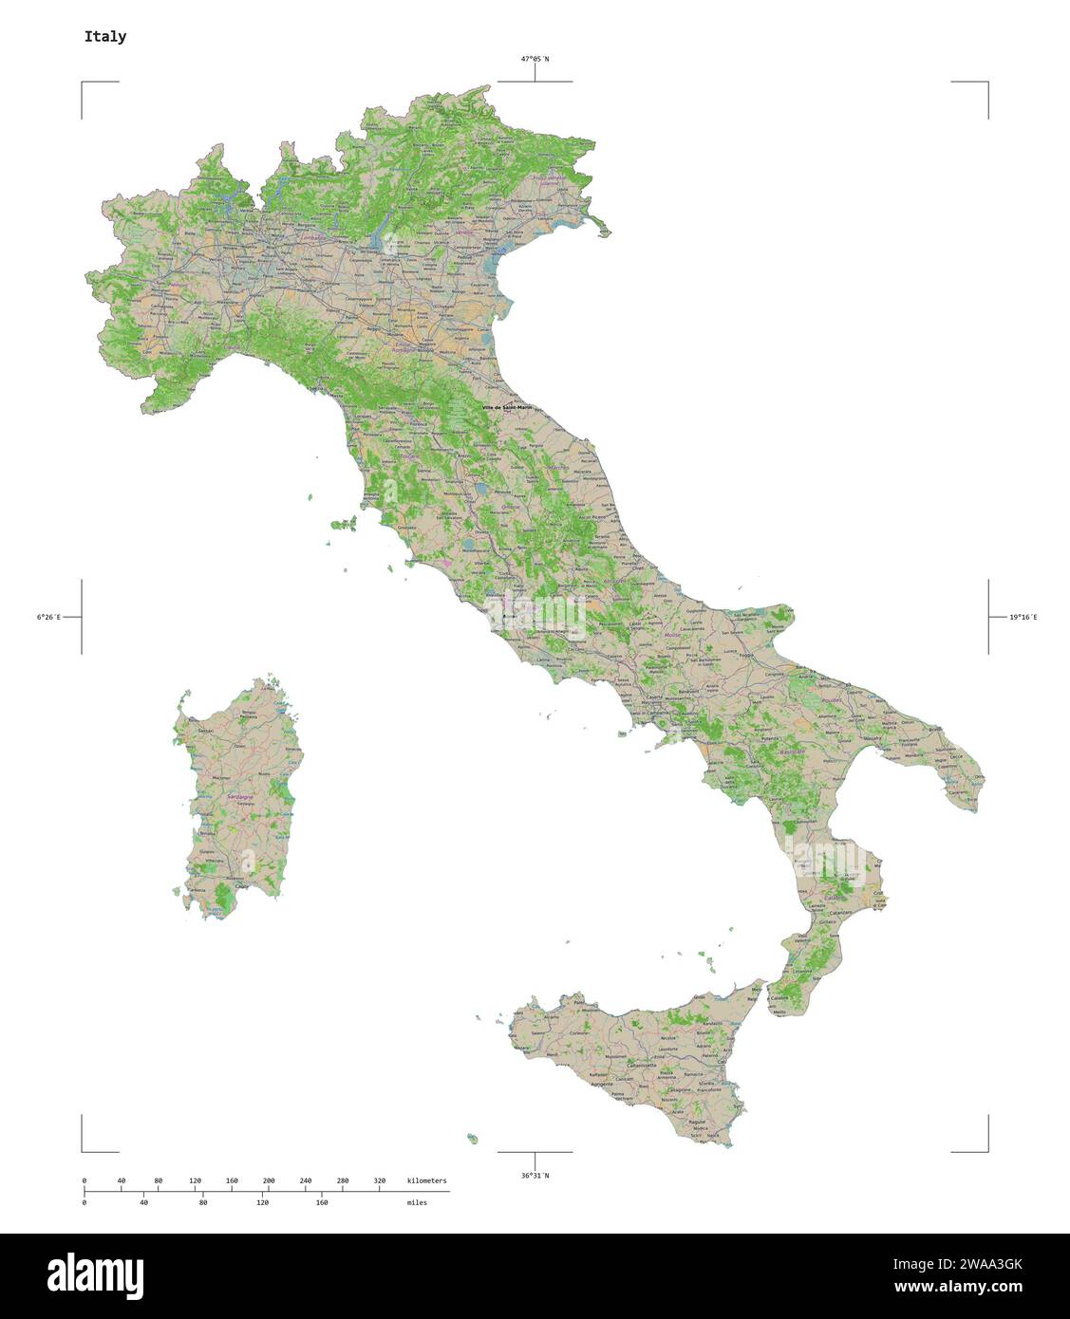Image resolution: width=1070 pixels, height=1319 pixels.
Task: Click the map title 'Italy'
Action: pyautogui.click(x=104, y=37)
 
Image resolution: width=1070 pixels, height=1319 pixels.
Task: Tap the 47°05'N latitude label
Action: pyautogui.click(x=534, y=59)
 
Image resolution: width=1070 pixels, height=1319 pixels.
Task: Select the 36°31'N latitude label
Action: pyautogui.click(x=534, y=1176)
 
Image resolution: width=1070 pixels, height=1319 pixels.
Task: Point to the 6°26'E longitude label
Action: pyautogui.click(x=48, y=618)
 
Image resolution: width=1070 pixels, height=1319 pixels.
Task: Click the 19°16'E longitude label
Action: pyautogui.click(x=1023, y=618)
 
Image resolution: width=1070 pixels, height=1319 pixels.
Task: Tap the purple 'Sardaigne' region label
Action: pyautogui.click(x=240, y=796)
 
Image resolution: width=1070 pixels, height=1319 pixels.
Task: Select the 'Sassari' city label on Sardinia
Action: pyautogui.click(x=205, y=732)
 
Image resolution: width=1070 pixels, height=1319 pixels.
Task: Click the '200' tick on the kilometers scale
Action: pyautogui.click(x=269, y=1180)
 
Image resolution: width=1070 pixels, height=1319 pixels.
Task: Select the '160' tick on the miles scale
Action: pyautogui.click(x=322, y=1202)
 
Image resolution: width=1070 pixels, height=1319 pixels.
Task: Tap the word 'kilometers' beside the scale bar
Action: pyautogui.click(x=426, y=1180)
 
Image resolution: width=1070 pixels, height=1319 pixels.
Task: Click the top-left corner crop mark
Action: pyautogui.click(x=83, y=84)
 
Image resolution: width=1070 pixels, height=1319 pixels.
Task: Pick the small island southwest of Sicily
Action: pyautogui.click(x=472, y=1138)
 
